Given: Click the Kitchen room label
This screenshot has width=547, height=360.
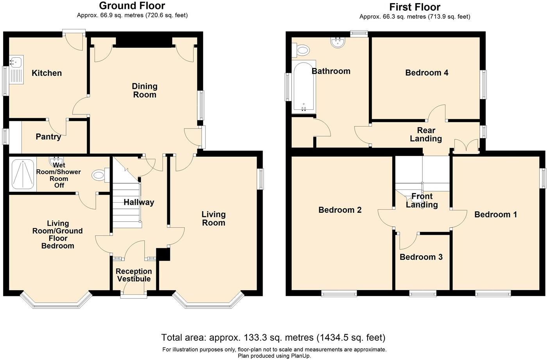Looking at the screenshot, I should (x=46, y=73).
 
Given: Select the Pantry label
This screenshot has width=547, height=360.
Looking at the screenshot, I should (x=48, y=137).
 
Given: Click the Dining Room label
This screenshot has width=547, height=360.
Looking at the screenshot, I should (x=144, y=90).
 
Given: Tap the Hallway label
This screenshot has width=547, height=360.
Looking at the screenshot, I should (x=139, y=202).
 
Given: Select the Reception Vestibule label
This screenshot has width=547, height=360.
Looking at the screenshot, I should (x=134, y=275).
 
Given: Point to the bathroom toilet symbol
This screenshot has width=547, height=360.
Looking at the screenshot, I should (x=302, y=49).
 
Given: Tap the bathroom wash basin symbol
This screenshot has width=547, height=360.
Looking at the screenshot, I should (x=337, y=43).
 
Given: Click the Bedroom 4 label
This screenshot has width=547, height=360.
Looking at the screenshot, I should (x=427, y=73).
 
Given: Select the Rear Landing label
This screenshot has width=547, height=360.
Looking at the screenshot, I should (x=426, y=134).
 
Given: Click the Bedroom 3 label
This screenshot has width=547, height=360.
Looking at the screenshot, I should (x=421, y=257).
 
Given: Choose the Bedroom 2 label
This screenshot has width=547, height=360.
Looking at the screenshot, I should (x=340, y=210).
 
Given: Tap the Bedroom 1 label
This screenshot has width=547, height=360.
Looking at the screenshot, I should (x=495, y=214).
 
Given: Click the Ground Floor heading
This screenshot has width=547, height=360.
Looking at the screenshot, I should (x=132, y=6).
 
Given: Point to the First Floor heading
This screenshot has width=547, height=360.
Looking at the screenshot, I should (x=415, y=7).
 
